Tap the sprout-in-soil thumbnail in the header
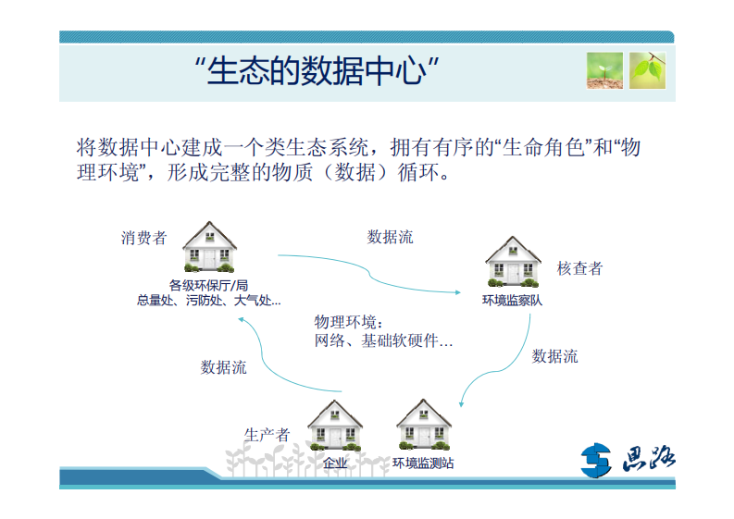tap(603, 70)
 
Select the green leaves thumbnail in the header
tap(647, 70)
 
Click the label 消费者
tap(143, 238)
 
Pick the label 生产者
tap(267, 434)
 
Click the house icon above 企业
tap(334, 426)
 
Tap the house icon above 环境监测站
tap(423, 425)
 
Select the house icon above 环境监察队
tap(513, 262)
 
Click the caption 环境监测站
tap(423, 463)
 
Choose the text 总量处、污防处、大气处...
tap(208, 300)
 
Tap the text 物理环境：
tap(348, 322)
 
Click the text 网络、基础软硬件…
tap(384, 341)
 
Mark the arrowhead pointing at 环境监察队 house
tap(456, 291)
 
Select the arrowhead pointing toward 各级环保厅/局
tap(241, 318)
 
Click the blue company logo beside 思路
tap(597, 459)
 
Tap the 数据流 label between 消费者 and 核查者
tap(390, 237)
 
